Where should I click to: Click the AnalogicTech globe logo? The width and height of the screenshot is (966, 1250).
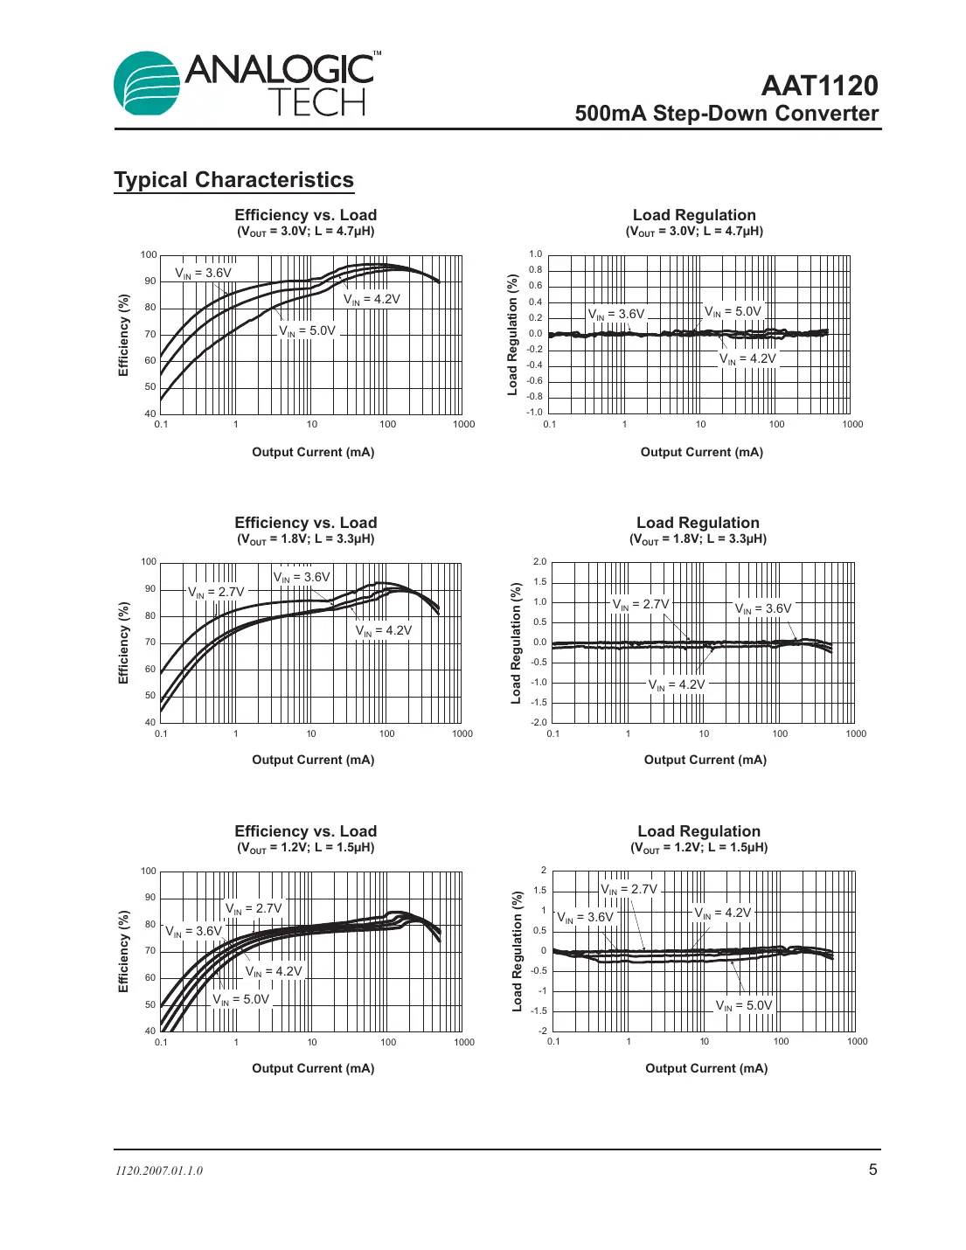coord(147,83)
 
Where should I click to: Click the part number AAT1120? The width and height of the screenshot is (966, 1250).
coord(819,86)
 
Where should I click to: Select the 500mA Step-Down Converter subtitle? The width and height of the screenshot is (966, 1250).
coord(726,114)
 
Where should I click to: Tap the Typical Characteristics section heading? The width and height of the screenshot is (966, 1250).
coord(233,180)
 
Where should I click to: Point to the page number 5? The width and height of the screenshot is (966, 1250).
coord(872,1170)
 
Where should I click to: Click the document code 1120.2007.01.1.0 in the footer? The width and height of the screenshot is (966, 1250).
coord(159,1171)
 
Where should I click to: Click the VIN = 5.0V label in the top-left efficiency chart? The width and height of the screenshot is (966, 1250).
coord(307,331)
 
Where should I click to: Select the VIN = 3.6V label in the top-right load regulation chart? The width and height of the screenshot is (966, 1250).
coord(616,314)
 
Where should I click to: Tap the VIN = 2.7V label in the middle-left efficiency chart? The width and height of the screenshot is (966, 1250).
coord(216,592)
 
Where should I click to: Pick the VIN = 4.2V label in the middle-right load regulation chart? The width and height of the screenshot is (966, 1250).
coord(677,684)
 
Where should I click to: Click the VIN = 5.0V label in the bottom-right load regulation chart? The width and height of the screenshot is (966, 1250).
coord(744,1005)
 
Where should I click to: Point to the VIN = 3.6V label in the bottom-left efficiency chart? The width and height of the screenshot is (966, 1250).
coord(194,931)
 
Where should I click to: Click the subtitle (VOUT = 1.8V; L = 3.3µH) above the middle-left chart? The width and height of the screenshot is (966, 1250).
coord(306,539)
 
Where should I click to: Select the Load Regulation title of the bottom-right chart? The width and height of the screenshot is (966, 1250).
coord(698,831)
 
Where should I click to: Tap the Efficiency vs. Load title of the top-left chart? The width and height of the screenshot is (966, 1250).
coord(306,215)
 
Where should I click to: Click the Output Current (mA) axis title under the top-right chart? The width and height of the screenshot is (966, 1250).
coord(701,452)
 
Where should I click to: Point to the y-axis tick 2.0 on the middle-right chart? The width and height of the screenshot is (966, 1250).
coord(539,562)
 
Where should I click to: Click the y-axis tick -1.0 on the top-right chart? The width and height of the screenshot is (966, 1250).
coord(534,412)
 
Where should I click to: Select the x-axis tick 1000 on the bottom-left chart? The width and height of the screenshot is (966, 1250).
coord(464,1042)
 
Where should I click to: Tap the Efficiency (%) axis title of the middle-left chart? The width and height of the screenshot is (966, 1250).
coord(123,642)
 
